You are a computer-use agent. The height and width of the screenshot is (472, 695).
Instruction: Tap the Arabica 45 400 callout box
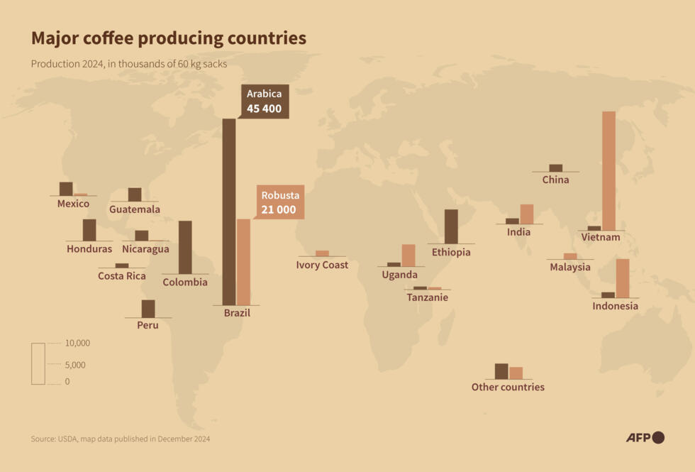point(264,101)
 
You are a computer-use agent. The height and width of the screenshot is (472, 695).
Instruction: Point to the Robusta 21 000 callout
point(279,202)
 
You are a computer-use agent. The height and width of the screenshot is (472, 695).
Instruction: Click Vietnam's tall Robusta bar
point(608,170)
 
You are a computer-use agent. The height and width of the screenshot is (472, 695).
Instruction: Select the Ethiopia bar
point(451,226)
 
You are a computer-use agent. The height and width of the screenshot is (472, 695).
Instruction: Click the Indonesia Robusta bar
point(623,278)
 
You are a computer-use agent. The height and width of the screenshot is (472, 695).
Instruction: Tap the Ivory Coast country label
point(322,265)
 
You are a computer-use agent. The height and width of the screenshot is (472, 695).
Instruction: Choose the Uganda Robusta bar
point(408,255)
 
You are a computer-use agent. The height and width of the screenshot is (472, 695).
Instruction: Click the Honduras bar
point(89,230)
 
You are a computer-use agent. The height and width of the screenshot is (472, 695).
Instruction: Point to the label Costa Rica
point(122,275)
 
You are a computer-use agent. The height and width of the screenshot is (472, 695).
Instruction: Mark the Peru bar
point(148,309)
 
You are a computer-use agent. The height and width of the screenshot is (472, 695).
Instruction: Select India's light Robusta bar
point(526,214)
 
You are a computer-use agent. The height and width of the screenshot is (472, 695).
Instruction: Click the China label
point(555,180)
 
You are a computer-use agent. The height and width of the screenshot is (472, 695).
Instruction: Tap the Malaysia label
point(570,267)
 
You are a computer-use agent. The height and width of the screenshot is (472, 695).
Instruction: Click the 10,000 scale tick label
point(77,343)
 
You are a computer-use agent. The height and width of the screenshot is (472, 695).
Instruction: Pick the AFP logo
point(645,437)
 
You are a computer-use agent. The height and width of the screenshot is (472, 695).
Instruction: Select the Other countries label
point(508,387)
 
